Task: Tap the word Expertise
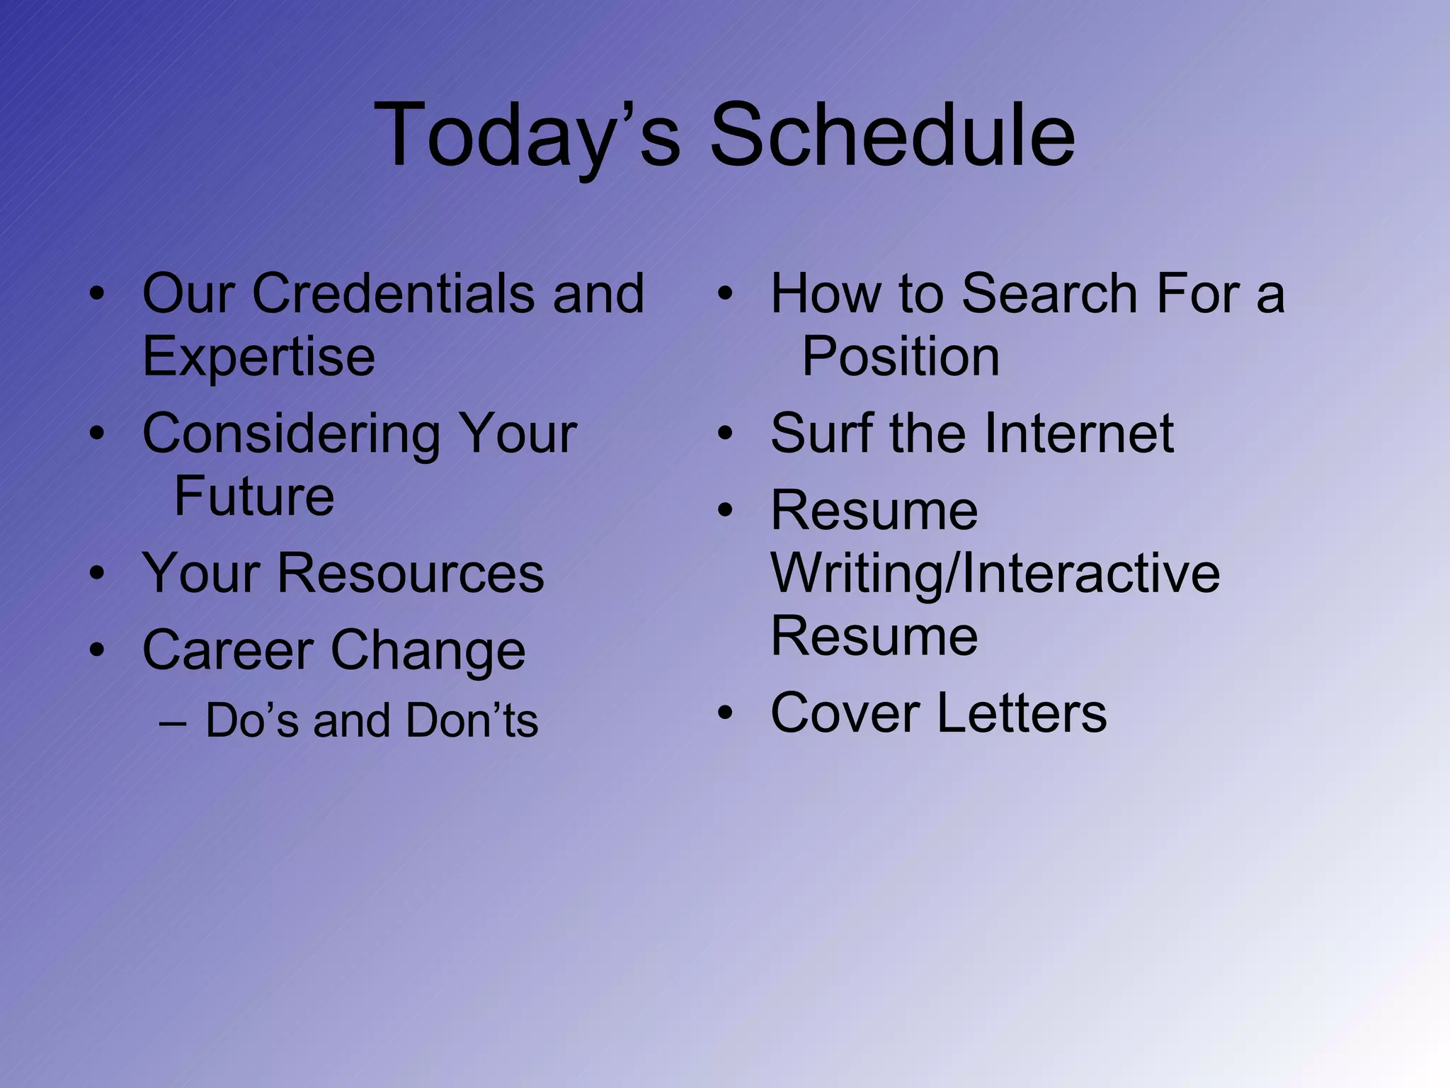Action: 258,356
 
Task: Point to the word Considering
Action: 290,433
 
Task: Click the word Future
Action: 254,496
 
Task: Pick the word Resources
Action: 411,572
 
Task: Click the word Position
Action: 901,356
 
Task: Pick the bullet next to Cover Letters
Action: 725,713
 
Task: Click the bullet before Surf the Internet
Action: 725,433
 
